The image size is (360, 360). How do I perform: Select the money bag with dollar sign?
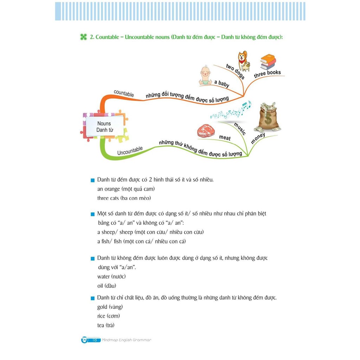269,117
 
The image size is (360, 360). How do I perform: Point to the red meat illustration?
206,130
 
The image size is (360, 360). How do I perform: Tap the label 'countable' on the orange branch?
124,94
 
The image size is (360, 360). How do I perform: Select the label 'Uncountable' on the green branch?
130,150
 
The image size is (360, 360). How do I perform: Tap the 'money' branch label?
258,139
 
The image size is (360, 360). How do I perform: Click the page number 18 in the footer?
95,340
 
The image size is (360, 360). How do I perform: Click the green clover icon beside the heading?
83,37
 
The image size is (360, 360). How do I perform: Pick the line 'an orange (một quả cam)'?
126,189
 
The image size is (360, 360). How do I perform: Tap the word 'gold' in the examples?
102,307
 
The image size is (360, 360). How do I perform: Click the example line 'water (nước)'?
111,276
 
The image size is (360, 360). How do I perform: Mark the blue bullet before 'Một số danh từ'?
93,214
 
